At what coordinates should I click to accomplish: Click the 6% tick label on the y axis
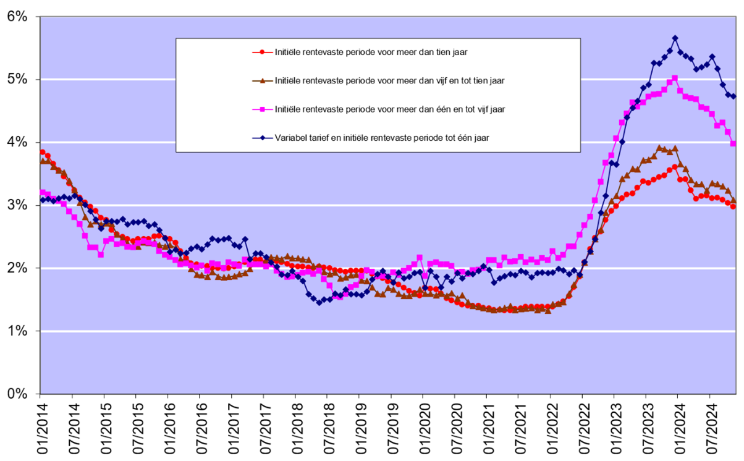[17, 16]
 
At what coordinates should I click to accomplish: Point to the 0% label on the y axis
[17, 394]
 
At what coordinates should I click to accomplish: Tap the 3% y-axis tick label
[17, 205]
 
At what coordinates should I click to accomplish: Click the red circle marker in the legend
[263, 52]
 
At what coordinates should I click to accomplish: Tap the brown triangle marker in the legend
[263, 80]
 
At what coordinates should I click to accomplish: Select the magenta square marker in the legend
[263, 109]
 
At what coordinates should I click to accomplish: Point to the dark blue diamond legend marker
[263, 138]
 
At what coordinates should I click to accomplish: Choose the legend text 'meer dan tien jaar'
[371, 52]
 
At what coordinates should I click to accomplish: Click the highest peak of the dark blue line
[675, 38]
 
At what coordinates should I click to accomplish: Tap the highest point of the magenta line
[675, 78]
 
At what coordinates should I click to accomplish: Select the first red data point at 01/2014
[42, 152]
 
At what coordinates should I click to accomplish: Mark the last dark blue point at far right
[733, 96]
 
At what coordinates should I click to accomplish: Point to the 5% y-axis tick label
[17, 79]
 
